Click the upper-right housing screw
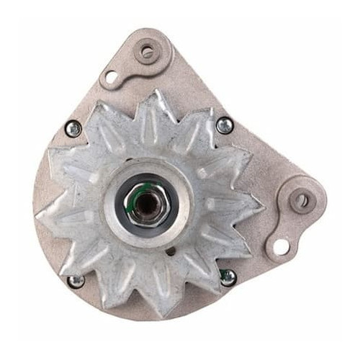[225, 125]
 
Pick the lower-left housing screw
[75, 281]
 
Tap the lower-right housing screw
[228, 277]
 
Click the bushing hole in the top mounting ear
[148, 52]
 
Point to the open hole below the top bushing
[112, 76]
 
